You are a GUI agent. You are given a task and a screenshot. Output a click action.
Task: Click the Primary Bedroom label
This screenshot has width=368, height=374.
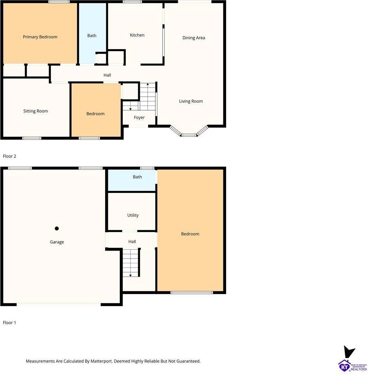[x=40, y=37]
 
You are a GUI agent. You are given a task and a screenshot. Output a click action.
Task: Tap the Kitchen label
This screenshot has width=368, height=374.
[x=137, y=35]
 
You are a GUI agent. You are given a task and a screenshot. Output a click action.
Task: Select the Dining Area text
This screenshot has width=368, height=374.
[x=194, y=38]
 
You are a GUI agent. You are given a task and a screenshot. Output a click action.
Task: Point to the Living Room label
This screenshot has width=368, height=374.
[x=191, y=101]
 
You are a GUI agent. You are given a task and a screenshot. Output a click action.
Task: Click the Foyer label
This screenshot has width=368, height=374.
[x=139, y=117]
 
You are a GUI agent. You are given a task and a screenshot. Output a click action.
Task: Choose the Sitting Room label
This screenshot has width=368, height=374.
[x=36, y=111]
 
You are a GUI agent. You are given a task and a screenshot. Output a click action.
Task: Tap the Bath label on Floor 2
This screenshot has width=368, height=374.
[x=92, y=36]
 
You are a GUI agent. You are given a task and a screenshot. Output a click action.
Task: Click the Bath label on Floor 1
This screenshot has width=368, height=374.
[x=137, y=177]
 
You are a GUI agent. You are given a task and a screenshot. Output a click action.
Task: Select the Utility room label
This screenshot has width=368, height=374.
[x=133, y=215]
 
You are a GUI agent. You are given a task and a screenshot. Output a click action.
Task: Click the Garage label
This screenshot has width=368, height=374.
[x=57, y=242]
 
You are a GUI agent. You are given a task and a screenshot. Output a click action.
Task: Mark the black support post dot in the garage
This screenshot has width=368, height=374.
[x=57, y=229]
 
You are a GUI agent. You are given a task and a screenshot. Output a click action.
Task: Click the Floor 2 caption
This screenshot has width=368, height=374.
[x=10, y=156]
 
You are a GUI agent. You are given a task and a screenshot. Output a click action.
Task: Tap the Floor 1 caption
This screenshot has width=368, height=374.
[x=10, y=322]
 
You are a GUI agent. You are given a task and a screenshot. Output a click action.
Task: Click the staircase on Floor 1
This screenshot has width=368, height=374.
[x=131, y=262]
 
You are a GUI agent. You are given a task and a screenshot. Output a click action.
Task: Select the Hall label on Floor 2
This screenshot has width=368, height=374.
[x=107, y=75]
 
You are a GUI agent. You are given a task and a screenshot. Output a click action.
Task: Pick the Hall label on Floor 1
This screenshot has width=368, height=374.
[x=132, y=242]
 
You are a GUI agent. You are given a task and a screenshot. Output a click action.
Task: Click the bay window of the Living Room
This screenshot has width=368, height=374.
[x=189, y=132]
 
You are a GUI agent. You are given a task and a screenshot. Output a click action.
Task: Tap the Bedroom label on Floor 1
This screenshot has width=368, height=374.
[x=190, y=234]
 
